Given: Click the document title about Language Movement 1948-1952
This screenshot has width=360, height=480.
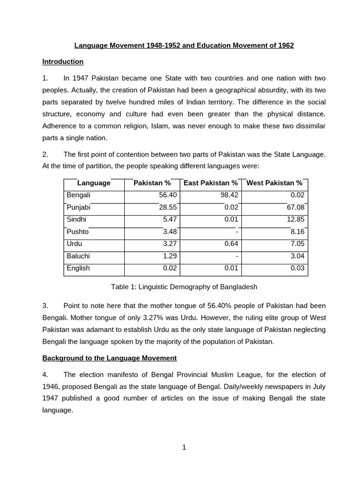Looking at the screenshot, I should [x=184, y=45].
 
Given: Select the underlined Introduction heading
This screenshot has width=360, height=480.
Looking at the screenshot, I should [x=63, y=61].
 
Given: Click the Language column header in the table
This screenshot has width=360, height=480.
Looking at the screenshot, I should [x=94, y=183].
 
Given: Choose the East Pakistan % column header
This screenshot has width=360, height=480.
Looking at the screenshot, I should [x=210, y=183].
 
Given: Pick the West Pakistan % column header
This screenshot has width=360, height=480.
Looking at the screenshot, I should [x=274, y=183].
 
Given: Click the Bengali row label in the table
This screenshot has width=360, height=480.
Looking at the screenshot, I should [x=78, y=195].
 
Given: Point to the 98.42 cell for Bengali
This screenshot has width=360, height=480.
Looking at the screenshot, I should [x=229, y=195].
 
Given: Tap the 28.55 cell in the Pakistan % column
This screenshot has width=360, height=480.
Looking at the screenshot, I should [x=168, y=207].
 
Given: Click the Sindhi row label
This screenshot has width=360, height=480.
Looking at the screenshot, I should [x=76, y=219].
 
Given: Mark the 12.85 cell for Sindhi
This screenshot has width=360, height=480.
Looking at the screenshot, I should [x=295, y=219].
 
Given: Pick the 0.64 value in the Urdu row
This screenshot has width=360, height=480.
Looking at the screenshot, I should [x=231, y=244].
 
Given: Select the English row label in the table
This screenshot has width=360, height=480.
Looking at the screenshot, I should [x=78, y=268].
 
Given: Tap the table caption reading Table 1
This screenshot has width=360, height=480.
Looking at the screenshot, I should [x=184, y=287].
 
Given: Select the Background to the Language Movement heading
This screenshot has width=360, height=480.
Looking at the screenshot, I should [x=109, y=358].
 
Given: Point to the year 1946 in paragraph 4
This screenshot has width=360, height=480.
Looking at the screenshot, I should [x=51, y=387].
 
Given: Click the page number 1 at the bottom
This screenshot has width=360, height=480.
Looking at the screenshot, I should [x=184, y=447].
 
